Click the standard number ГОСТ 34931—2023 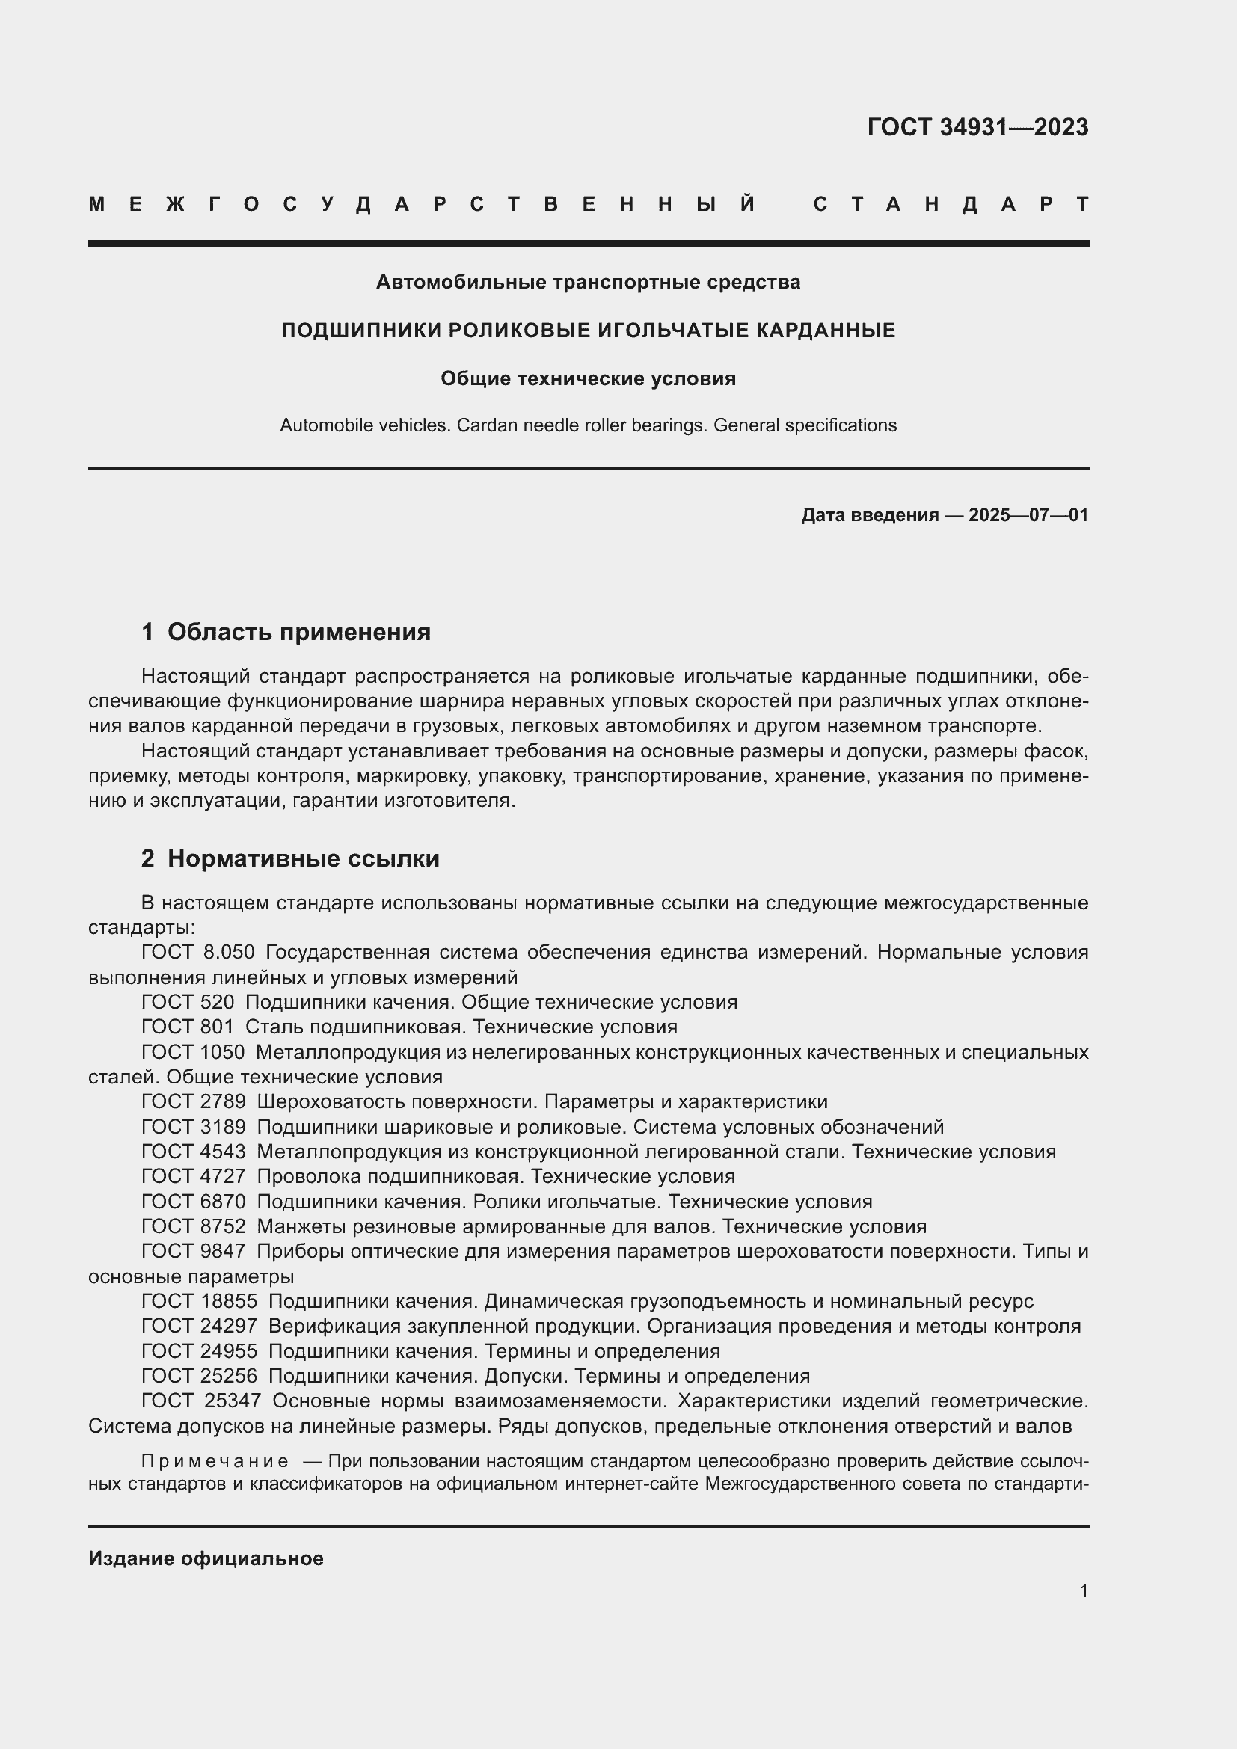(x=977, y=127)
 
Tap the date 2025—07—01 (x=1028, y=516)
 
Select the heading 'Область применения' (x=298, y=632)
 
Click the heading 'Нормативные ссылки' (x=303, y=858)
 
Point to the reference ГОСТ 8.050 (x=198, y=952)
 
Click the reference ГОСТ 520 (x=188, y=1003)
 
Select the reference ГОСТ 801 (x=188, y=1027)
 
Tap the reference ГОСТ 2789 (x=194, y=1101)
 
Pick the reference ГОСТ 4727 (x=194, y=1176)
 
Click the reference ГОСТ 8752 (x=194, y=1226)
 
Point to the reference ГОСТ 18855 (x=200, y=1301)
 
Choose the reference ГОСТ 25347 (x=201, y=1401)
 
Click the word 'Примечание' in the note (x=215, y=1461)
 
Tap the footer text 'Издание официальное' (x=206, y=1558)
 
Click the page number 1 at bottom (x=1083, y=1590)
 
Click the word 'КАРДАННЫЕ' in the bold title (x=826, y=331)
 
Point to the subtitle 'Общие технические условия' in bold (x=588, y=378)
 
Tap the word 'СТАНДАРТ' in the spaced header (x=951, y=204)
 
